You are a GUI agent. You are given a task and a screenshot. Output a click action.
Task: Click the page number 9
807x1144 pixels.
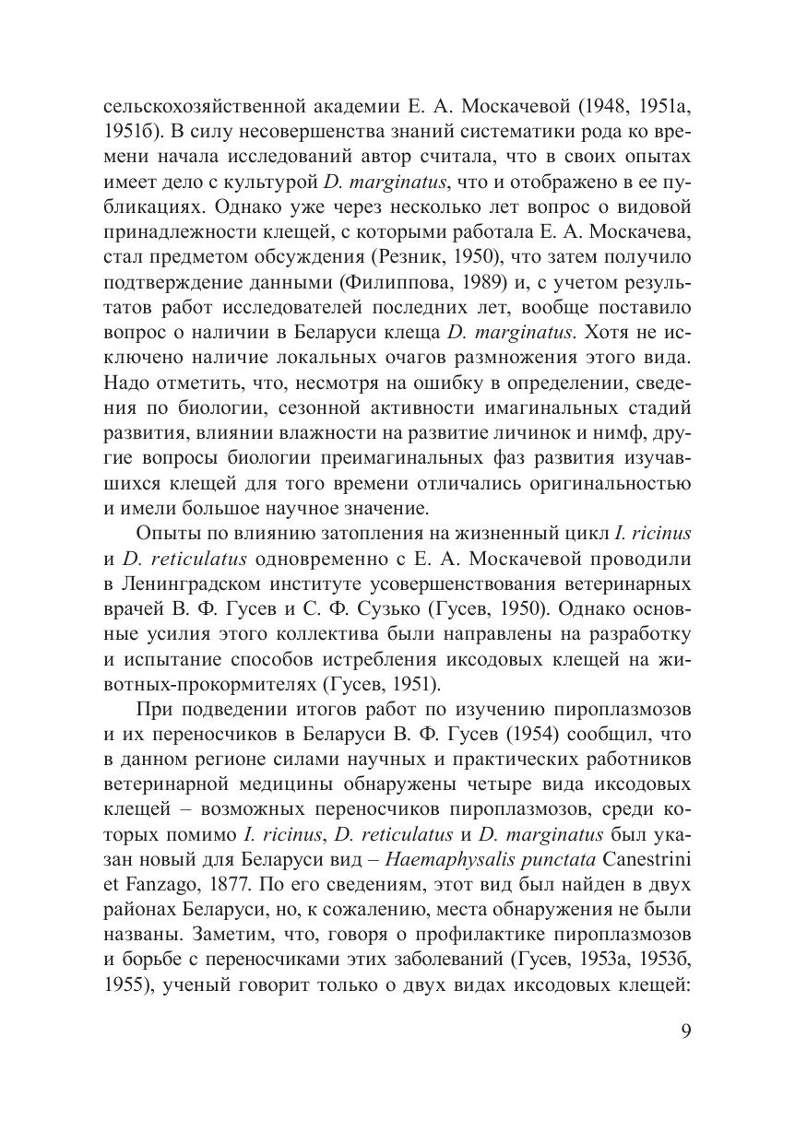[685, 1031]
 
